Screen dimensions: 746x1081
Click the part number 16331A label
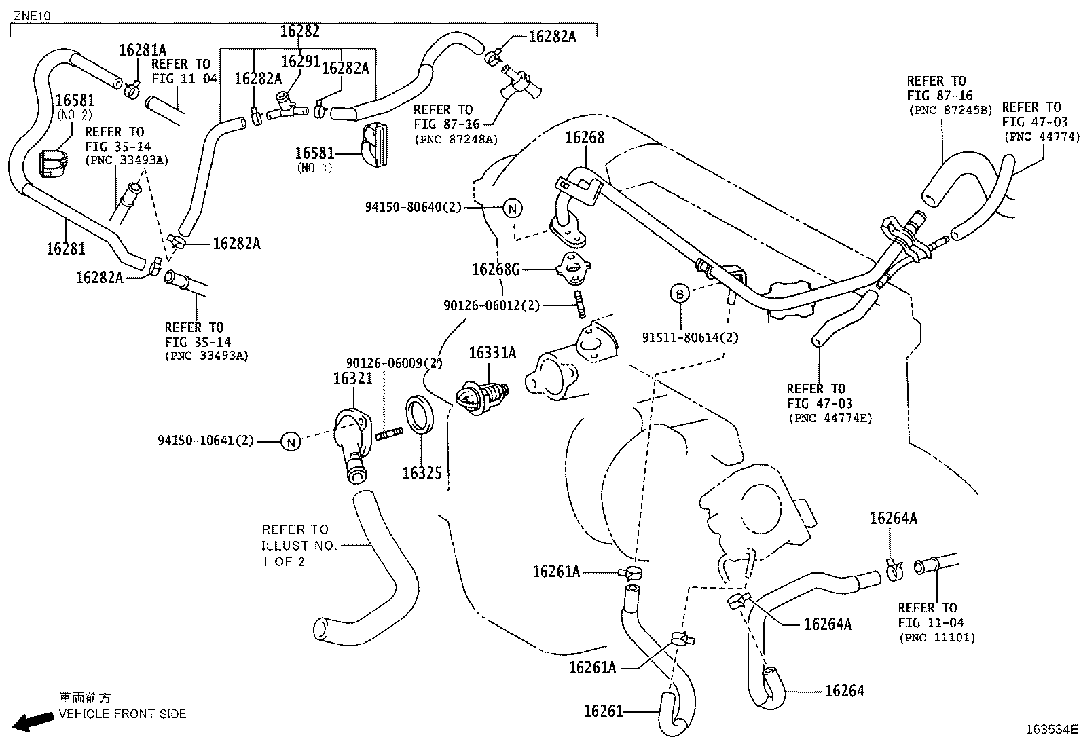point(492,352)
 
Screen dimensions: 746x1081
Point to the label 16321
point(352,379)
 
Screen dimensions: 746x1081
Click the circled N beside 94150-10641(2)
point(291,442)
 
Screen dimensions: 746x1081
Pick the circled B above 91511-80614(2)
point(679,294)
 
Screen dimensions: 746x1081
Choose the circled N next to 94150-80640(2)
point(513,208)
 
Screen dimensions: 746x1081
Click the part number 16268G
point(496,269)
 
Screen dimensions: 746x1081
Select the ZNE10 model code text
point(32,15)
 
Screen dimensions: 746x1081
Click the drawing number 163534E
point(1050,730)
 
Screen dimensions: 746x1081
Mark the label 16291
point(300,62)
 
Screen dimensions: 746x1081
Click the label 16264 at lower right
point(844,691)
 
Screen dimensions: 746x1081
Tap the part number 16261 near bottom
point(603,711)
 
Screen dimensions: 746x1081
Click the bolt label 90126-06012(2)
point(492,305)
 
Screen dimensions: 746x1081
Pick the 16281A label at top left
point(143,50)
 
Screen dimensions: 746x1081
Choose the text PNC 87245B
point(950,109)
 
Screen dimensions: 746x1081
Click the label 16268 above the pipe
point(585,138)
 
